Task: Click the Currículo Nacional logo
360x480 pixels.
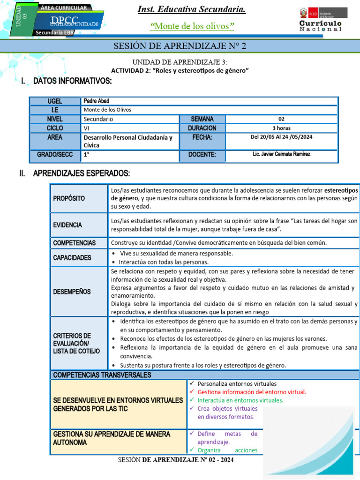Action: [321, 20]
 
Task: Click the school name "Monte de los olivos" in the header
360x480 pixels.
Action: [192, 26]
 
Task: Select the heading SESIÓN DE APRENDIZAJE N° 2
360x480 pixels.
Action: [180, 46]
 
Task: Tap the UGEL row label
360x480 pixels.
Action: [55, 101]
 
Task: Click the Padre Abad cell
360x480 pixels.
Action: [96, 101]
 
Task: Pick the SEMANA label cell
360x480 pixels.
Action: [202, 119]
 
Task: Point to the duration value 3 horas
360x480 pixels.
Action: [281, 128]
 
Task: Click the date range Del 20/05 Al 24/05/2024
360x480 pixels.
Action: [281, 137]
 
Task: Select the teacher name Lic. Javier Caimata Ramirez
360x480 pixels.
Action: [281, 154]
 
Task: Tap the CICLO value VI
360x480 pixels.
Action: [86, 128]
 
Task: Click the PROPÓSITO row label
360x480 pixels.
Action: [69, 198]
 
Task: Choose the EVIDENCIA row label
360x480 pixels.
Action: [67, 225]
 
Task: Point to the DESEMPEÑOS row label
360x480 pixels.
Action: [72, 292]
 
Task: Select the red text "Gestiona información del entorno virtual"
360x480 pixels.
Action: [252, 392]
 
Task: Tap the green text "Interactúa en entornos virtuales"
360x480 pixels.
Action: [240, 400]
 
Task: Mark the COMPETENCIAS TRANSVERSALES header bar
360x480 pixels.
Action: [102, 375]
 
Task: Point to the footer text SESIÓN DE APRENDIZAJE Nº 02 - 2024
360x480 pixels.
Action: [176, 460]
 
